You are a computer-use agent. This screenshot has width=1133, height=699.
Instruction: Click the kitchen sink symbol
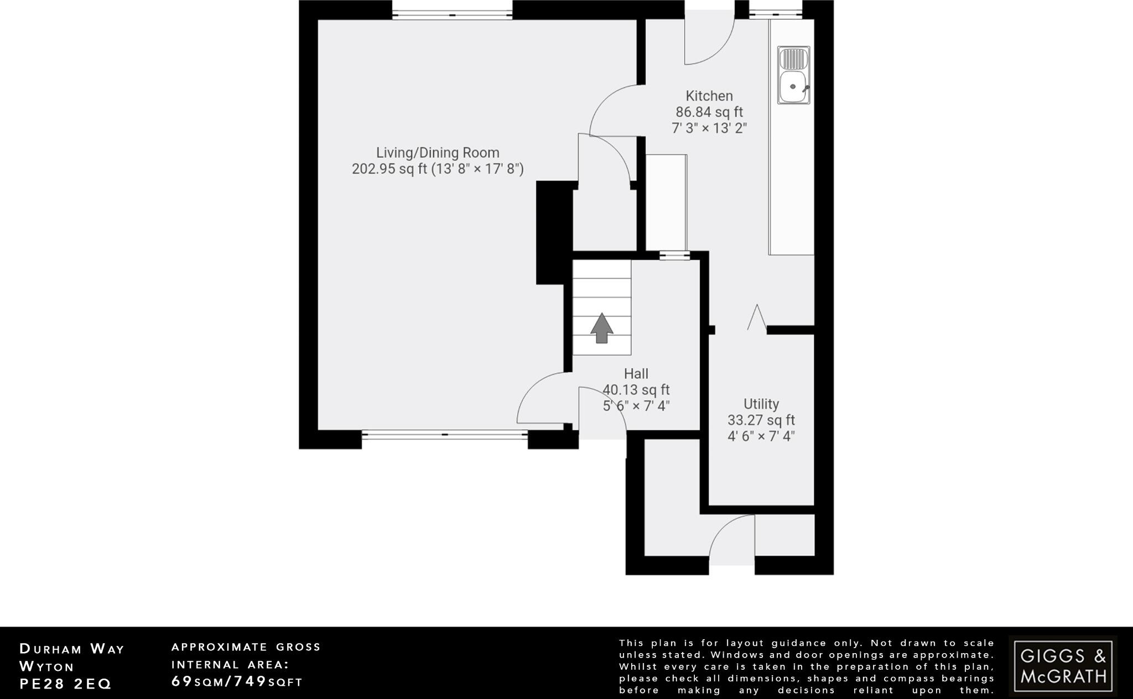tap(794, 75)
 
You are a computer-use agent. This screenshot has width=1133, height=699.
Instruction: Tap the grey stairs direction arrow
tap(602, 328)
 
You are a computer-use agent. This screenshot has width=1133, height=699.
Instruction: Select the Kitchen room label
tap(709, 96)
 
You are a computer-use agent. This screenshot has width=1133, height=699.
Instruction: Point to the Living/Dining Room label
tap(438, 153)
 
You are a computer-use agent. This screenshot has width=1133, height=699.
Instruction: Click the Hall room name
tap(636, 373)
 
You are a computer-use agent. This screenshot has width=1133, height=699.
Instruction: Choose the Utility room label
tap(761, 404)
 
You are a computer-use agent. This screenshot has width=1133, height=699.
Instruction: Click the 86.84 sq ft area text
tap(709, 112)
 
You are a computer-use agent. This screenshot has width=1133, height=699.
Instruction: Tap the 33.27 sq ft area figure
tap(761, 420)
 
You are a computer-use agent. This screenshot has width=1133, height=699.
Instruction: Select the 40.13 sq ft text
tap(636, 390)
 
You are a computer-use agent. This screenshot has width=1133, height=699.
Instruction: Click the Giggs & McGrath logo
tap(1063, 666)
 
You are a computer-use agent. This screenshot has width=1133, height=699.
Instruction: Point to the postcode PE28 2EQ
tap(65, 684)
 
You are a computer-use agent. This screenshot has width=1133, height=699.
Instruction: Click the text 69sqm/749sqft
tap(237, 681)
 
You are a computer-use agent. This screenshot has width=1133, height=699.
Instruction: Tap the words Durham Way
tap(72, 649)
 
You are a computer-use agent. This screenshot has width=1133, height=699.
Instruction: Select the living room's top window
tap(453, 15)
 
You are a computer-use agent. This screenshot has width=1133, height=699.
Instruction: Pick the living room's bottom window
tap(445, 435)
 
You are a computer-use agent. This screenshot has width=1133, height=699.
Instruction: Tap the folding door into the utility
tap(756, 319)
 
